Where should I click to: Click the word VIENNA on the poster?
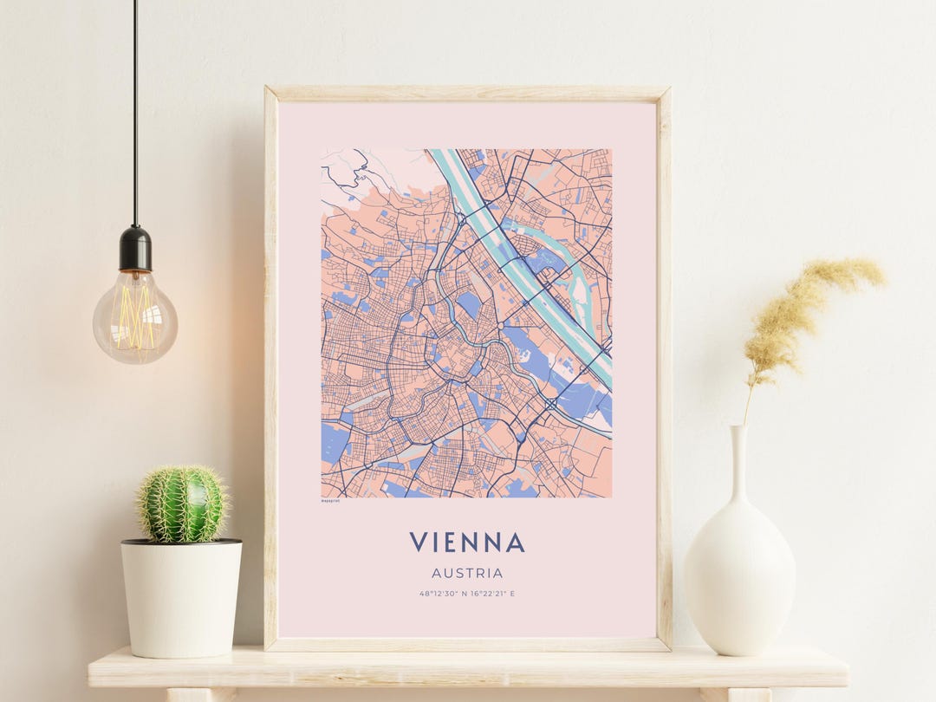point(467,543)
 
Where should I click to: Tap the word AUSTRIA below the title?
point(467,573)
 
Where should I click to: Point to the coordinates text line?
point(467,594)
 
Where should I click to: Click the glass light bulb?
point(135,316)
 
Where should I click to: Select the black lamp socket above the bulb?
point(135,249)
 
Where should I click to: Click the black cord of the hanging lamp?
point(135,113)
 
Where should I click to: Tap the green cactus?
point(181,504)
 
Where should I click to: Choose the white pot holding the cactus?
point(181,598)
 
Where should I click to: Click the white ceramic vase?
point(739,572)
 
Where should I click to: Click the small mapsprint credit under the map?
point(330,500)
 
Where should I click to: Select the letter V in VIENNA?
point(419,543)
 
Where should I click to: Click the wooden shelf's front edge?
point(468,677)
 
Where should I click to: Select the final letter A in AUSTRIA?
point(498,573)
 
